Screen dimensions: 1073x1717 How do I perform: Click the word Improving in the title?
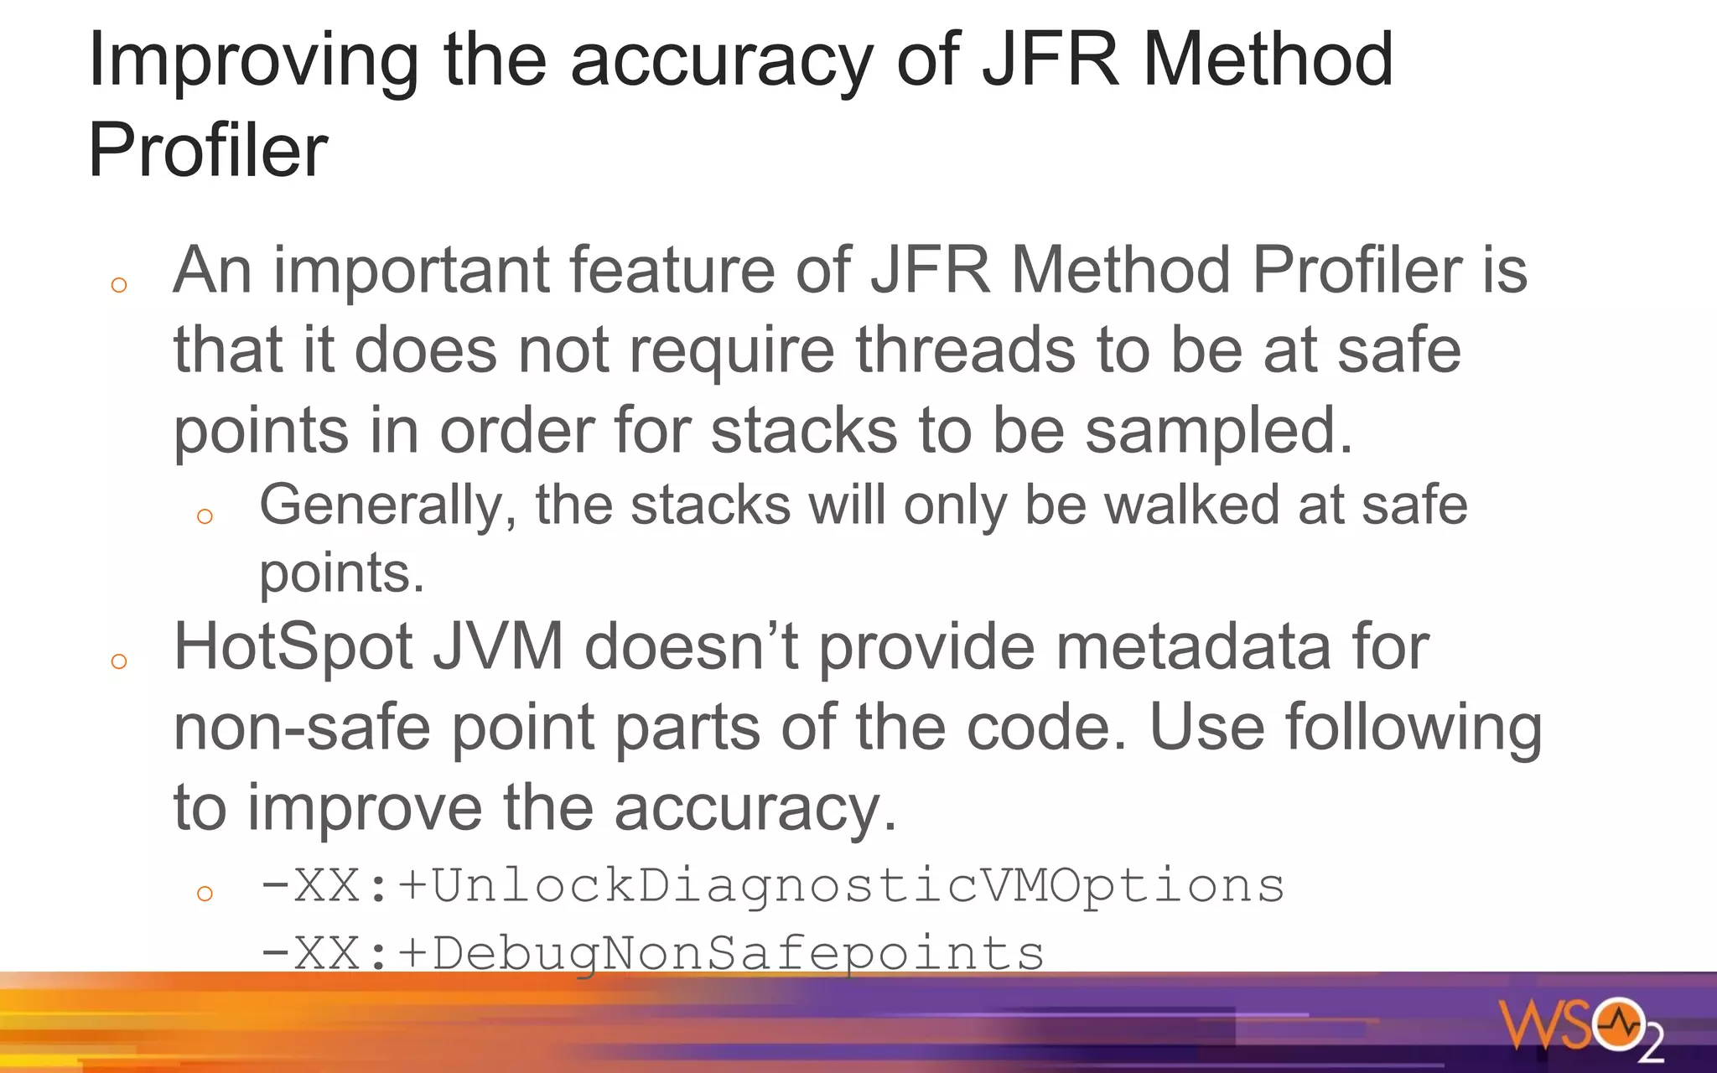point(252,60)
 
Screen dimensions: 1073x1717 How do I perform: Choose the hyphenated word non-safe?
point(302,727)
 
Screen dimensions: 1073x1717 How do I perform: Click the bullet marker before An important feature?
point(119,286)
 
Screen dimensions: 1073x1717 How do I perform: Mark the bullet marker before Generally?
point(205,516)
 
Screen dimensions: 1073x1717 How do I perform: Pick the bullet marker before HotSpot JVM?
point(119,662)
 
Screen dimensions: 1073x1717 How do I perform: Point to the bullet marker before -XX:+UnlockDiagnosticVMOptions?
point(205,894)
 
